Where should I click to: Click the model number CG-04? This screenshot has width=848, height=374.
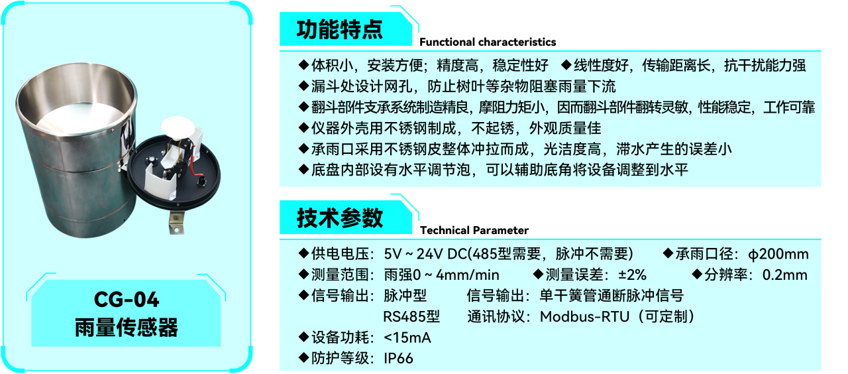127,299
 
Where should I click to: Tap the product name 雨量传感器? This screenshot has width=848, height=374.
127,328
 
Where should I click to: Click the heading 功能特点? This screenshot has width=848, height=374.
340,30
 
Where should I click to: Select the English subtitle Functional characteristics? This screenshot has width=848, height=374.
488,42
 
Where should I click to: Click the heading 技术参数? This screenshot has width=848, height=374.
340,218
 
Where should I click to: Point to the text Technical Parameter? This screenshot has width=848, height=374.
474,230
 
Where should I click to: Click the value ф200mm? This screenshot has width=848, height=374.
778,254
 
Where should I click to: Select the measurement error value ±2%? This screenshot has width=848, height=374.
632,275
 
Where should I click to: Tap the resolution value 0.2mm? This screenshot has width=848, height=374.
784,275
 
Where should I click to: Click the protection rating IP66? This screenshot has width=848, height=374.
398,358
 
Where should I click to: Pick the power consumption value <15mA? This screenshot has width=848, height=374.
407,338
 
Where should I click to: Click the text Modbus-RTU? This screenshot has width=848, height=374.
584,316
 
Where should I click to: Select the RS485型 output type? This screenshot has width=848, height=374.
411,316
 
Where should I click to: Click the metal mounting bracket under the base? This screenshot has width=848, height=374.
176,222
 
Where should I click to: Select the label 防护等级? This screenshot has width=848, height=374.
340,358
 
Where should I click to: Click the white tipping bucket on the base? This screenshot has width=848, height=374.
161,182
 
